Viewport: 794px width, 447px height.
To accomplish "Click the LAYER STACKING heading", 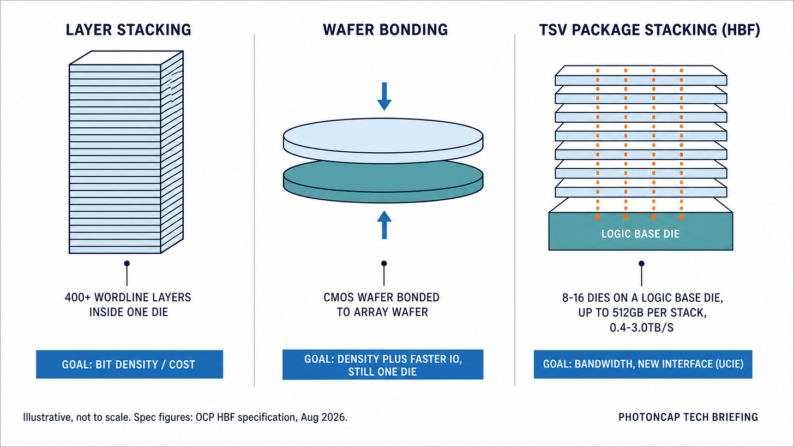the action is [128, 30].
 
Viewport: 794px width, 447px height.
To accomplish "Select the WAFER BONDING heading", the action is [386, 30].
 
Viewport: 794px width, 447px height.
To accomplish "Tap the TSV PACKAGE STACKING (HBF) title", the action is [649, 30].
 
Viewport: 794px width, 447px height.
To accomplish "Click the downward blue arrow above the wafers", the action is [384, 97].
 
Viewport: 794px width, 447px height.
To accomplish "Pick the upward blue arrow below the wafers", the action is [384, 225].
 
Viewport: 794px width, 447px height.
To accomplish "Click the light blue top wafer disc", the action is [383, 140].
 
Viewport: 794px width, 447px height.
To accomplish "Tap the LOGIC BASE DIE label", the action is [641, 234].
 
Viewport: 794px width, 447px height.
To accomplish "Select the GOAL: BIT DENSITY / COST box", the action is [129, 365].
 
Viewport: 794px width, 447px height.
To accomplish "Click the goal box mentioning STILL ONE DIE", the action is [383, 365].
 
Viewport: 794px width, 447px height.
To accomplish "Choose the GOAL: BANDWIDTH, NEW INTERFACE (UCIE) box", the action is [643, 365].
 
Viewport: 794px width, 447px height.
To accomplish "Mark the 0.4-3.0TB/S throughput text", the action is [641, 327].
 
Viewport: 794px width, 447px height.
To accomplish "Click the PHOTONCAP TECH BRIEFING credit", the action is [688, 417].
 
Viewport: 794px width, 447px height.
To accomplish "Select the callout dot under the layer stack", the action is [127, 263].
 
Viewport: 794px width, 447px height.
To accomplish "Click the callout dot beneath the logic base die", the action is [641, 264].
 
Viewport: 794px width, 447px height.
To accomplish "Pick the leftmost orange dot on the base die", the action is [598, 217].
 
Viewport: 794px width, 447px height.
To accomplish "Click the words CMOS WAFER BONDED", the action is [381, 297].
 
